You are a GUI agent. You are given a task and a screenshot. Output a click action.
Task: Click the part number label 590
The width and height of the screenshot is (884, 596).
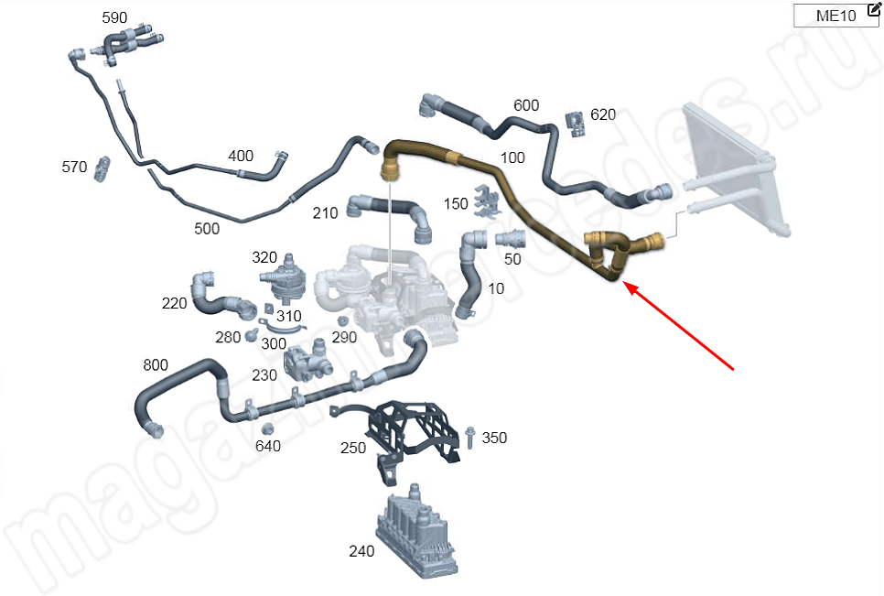click(x=114, y=18)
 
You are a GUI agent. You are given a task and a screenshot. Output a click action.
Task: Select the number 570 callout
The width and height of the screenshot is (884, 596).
click(x=74, y=167)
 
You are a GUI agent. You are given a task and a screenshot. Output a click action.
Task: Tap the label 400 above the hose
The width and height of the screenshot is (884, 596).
click(x=241, y=156)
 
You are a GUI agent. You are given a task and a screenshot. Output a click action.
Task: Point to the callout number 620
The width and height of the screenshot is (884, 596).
click(x=603, y=114)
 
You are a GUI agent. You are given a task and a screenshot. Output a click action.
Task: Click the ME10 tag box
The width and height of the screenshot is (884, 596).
click(x=836, y=16)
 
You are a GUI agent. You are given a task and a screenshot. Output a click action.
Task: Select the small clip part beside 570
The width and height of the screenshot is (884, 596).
click(x=102, y=168)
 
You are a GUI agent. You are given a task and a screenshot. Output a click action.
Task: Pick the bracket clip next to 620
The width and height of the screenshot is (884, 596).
click(x=576, y=124)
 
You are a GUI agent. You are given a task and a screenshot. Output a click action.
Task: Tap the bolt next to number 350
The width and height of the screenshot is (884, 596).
click(x=470, y=437)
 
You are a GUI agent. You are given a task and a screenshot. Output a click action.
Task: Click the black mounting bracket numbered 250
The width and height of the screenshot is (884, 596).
click(x=412, y=435)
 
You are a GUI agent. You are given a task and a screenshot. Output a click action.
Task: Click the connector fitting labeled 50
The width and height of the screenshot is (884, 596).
click(x=511, y=239)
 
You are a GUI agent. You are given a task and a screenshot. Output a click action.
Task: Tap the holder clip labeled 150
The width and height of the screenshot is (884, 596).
click(x=485, y=201)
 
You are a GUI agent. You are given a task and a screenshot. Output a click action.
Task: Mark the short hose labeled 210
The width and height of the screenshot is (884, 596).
click(x=390, y=217)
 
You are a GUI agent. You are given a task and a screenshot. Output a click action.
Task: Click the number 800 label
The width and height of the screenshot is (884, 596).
click(x=155, y=364)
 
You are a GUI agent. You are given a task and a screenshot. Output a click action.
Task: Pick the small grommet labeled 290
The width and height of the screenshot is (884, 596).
click(x=340, y=321)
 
